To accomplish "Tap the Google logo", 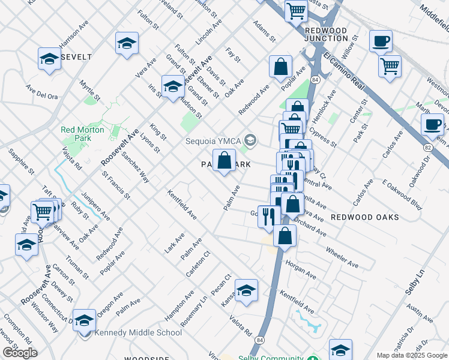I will tap(20, 353).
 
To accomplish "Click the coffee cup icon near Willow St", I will tap(381, 42).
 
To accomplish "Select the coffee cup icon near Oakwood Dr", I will tap(432, 125).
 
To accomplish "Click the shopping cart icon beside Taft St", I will tap(42, 212).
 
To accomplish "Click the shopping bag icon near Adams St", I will tap(280, 67).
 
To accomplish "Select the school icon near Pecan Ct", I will tap(246, 291).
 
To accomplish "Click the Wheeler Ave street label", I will tap(342, 257).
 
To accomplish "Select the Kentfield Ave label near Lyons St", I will tap(182, 204).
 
